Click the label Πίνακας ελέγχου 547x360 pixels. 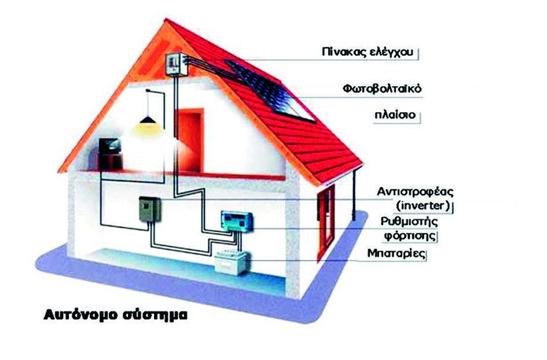coord(369,52)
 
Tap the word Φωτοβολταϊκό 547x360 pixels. coord(381,90)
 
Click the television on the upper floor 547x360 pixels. coord(110,149)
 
